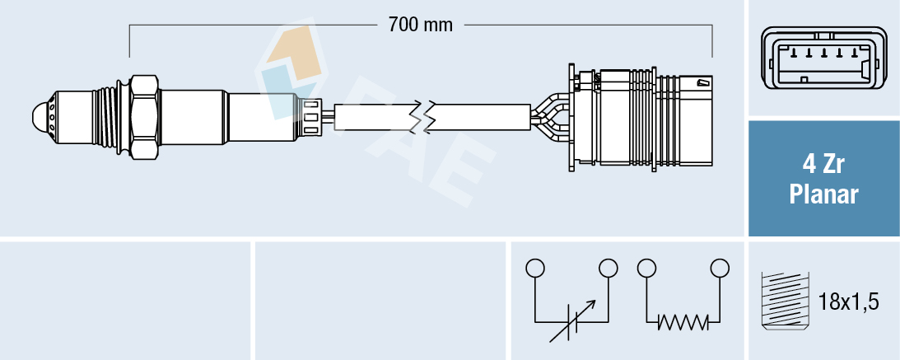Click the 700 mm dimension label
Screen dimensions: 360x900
tap(421, 25)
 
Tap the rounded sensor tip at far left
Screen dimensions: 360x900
tap(40, 117)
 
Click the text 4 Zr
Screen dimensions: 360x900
tap(823, 165)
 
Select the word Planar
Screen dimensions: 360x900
tap(823, 195)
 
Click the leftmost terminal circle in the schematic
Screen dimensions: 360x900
tap(535, 268)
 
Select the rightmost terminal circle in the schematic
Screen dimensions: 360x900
tap(720, 268)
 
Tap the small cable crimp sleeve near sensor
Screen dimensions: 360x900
tap(311, 117)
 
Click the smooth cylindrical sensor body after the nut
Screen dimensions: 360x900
tap(193, 117)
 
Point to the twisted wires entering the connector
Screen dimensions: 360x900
tap(548, 117)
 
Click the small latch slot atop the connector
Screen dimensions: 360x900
tap(702, 82)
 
